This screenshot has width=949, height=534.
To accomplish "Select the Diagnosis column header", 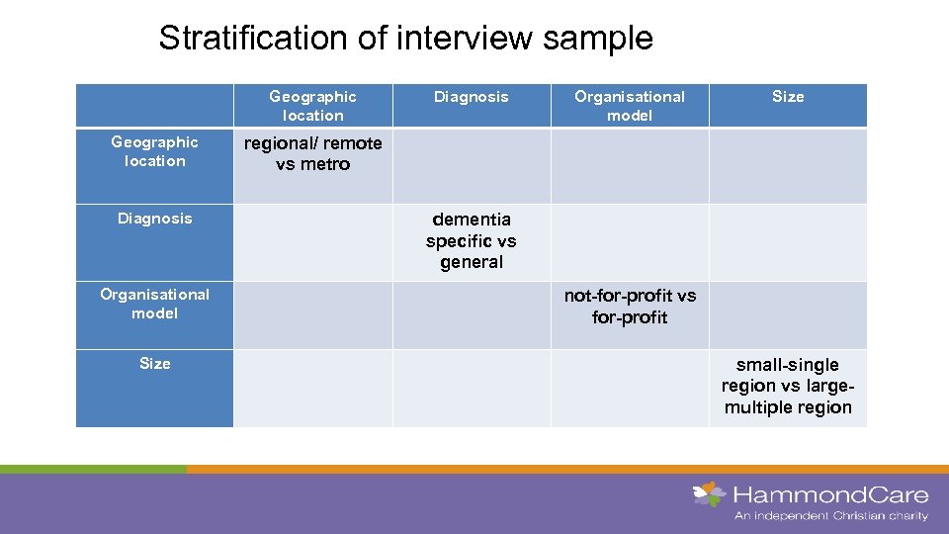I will click(472, 97).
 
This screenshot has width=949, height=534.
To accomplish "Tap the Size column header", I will click(788, 97).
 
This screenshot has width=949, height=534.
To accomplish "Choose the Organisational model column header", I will click(630, 106).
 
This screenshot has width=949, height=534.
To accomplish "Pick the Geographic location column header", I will click(312, 106).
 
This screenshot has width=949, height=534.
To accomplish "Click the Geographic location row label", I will click(154, 151).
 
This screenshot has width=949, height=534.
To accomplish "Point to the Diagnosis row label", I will click(154, 219).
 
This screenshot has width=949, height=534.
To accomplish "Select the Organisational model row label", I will click(154, 304).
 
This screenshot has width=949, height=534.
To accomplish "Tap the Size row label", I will click(154, 364).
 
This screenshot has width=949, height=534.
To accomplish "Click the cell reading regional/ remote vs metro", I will click(312, 154).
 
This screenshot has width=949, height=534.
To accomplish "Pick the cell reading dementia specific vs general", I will click(472, 240).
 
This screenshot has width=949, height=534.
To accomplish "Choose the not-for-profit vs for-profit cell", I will click(630, 307).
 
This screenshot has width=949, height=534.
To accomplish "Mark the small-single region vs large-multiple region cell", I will click(788, 386).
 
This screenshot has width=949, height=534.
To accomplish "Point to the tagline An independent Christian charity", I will click(830, 516).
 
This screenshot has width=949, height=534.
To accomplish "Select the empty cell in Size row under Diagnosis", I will click(472, 388).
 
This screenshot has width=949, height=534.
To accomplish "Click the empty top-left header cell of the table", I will click(154, 105).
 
